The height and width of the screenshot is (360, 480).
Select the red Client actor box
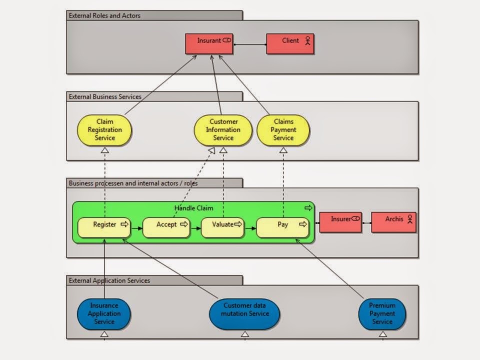click(x=290, y=43)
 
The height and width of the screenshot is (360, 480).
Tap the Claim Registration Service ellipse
click(x=104, y=130)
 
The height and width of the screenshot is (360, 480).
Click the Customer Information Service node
click(x=223, y=130)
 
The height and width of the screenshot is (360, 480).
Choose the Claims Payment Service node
click(x=283, y=130)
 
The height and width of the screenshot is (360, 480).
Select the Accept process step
click(x=166, y=227)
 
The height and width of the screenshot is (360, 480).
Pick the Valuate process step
click(x=222, y=227)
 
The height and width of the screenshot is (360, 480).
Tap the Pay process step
click(x=282, y=227)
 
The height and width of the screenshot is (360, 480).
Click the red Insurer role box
click(x=340, y=222)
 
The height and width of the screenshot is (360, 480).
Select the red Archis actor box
click(x=393, y=222)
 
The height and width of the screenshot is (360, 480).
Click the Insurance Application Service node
click(x=104, y=314)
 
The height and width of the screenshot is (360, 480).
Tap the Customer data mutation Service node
click(x=244, y=314)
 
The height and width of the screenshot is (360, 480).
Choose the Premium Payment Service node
click(x=382, y=314)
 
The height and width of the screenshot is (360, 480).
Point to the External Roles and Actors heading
click(x=104, y=15)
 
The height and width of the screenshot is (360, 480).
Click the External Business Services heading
click(x=105, y=96)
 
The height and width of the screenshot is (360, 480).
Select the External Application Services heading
click(x=109, y=280)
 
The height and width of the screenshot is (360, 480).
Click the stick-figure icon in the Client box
click(x=307, y=41)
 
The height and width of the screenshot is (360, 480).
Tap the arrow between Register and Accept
click(x=136, y=228)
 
